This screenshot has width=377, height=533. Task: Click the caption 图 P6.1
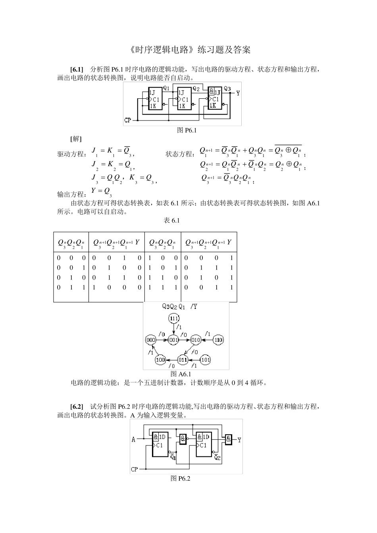click(x=187, y=130)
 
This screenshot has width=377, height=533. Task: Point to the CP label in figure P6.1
click(x=128, y=120)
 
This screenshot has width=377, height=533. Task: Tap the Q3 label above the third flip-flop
click(x=227, y=88)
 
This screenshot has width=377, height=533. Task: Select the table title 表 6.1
click(x=171, y=220)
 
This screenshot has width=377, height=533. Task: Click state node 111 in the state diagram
click(x=174, y=318)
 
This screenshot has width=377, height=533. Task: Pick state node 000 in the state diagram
click(x=150, y=340)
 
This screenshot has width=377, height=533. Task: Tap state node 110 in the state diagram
click(x=218, y=340)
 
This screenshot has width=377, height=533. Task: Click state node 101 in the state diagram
click(x=205, y=360)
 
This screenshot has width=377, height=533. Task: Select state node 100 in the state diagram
click(x=160, y=360)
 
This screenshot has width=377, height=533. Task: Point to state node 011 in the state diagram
click(x=183, y=360)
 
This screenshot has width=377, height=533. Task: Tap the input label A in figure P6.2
click(x=134, y=439)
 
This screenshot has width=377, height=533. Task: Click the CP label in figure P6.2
click(x=135, y=469)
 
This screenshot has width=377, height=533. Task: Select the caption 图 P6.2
click(x=181, y=479)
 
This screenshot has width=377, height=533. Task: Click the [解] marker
click(x=76, y=139)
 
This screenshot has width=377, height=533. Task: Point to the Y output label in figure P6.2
click(x=239, y=440)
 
